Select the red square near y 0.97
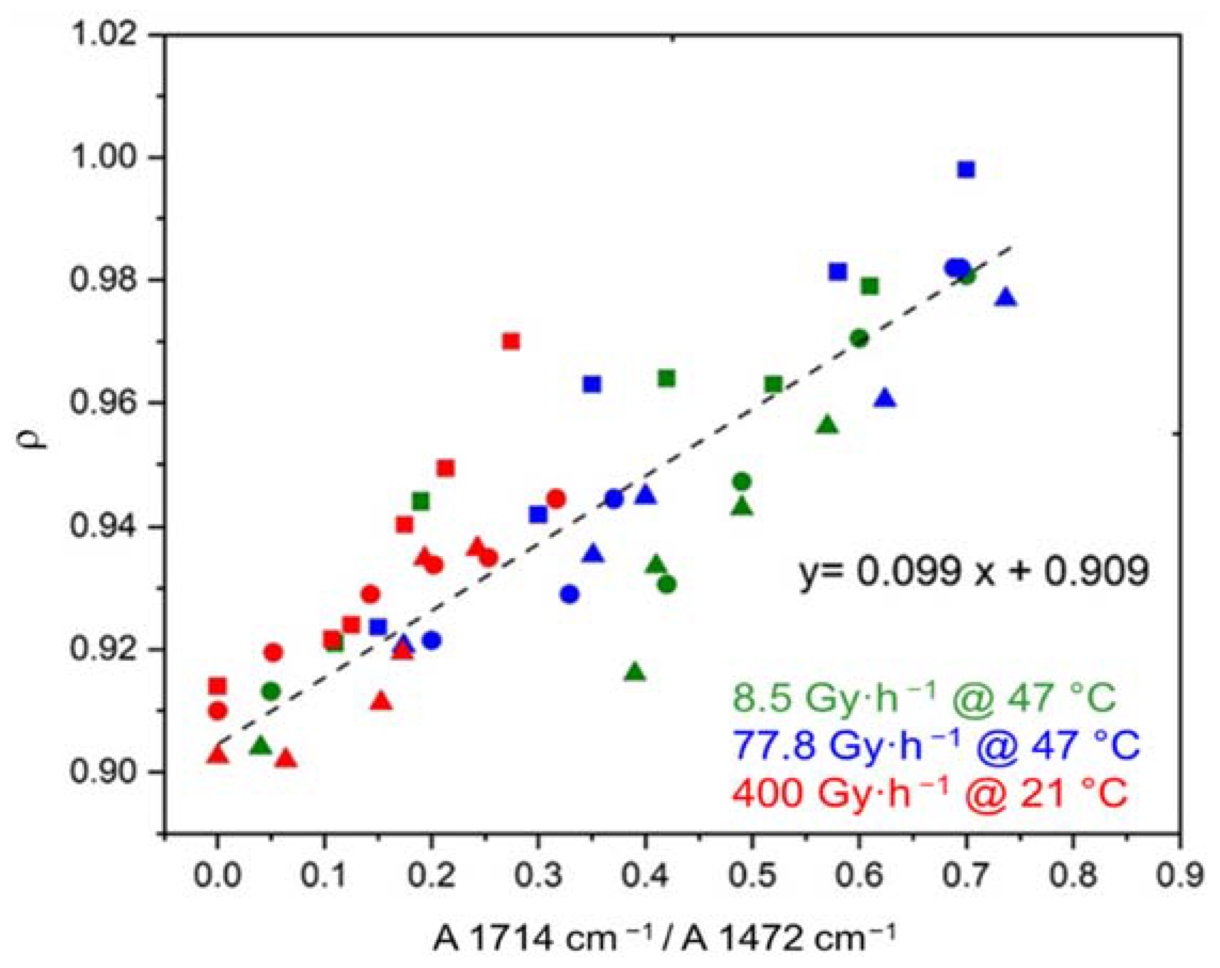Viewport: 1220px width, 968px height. [x=511, y=342]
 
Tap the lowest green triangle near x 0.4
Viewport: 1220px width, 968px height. [x=635, y=672]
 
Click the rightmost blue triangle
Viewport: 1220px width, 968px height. [x=1006, y=298]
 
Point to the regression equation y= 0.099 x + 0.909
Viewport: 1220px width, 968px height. [x=974, y=571]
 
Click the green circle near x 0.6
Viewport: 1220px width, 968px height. [x=859, y=338]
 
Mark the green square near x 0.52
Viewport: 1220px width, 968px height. [x=774, y=385]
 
